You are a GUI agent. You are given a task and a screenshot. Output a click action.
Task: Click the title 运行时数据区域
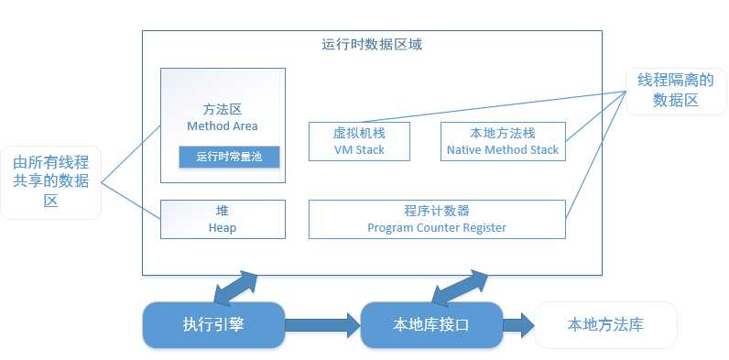click(372, 43)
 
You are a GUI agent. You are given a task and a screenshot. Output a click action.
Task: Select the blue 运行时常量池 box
click(229, 156)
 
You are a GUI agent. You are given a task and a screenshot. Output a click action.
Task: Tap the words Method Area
click(222, 125)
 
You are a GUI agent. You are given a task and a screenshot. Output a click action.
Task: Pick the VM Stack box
click(359, 140)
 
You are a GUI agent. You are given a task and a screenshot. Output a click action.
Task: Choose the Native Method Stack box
click(502, 140)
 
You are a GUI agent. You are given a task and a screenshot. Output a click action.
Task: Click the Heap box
click(222, 219)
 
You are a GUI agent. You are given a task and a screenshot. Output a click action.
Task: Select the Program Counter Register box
click(436, 219)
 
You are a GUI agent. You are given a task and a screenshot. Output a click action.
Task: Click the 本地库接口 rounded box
click(431, 323)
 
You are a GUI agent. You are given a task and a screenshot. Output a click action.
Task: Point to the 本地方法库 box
click(605, 324)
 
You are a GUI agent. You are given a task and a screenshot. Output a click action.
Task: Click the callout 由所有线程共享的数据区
click(50, 180)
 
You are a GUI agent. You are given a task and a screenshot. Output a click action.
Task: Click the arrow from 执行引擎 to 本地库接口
click(321, 323)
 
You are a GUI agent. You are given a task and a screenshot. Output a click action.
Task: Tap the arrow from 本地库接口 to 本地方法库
click(517, 323)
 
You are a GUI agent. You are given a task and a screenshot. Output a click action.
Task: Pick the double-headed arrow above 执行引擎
click(235, 287)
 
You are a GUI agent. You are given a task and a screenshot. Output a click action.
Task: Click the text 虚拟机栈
click(359, 133)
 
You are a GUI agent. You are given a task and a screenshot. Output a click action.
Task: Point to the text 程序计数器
click(436, 211)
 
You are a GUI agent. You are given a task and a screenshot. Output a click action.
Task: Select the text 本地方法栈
click(502, 133)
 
